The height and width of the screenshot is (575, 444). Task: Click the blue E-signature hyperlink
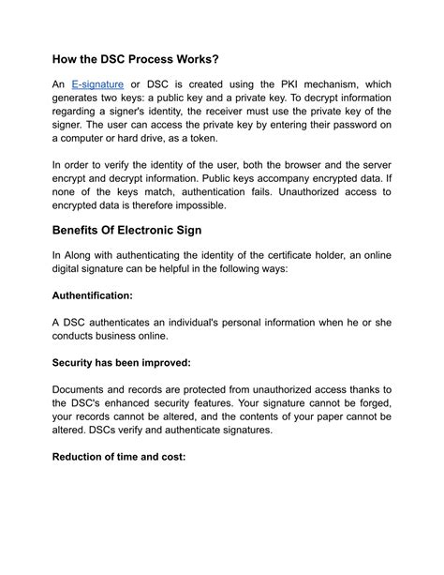pyautogui.click(x=97, y=84)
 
